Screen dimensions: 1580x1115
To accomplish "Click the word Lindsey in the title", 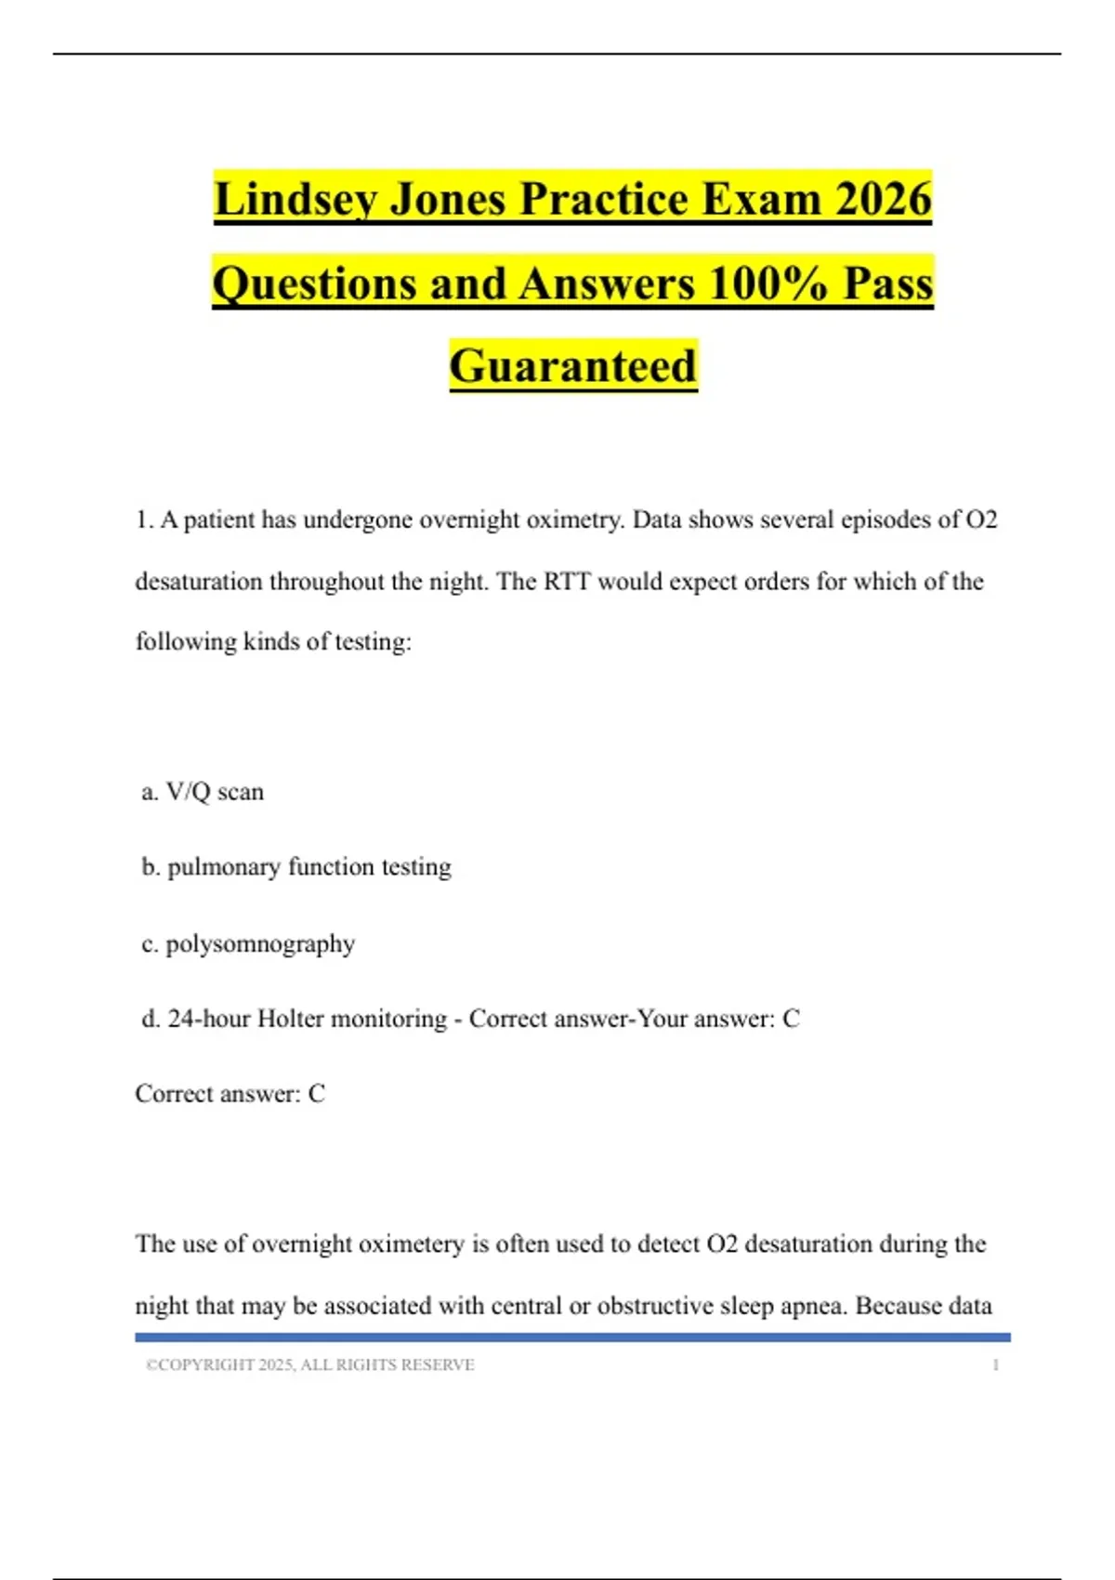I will (295, 200).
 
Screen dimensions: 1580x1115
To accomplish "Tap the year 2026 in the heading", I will (883, 200).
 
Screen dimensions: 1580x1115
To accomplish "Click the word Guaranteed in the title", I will (573, 366).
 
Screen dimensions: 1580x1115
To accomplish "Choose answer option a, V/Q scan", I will (203, 792).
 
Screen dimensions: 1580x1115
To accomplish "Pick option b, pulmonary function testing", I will (296, 867).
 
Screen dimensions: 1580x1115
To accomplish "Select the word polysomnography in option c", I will (260, 944).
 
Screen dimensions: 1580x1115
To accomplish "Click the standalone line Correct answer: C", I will (230, 1094).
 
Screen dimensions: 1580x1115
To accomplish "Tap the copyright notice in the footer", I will (310, 1365).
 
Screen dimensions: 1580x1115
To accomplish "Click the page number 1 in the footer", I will (995, 1365).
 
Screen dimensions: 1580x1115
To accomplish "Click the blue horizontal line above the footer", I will (572, 1337).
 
